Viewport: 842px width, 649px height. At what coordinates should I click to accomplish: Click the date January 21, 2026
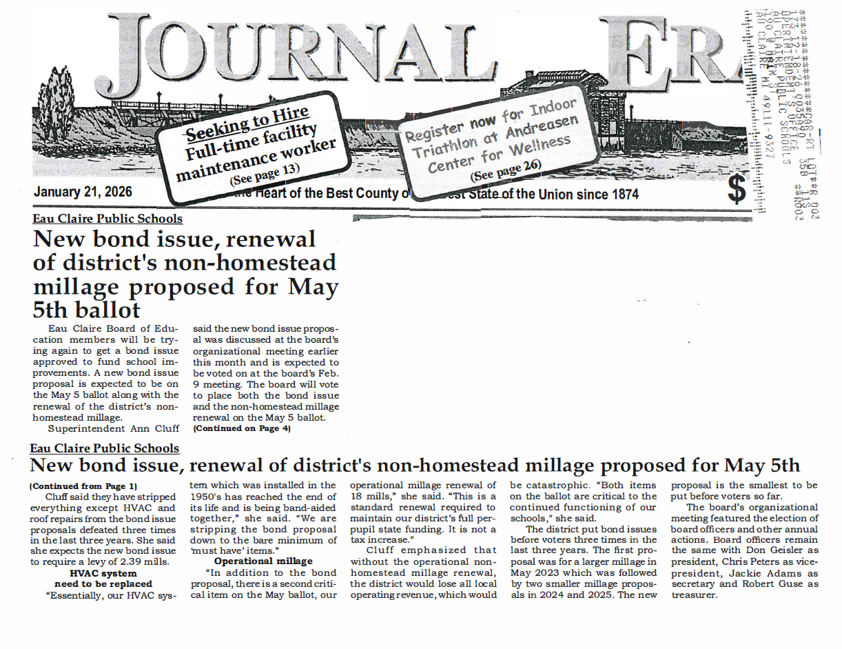[83, 192]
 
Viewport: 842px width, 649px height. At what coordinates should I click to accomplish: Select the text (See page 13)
[265, 173]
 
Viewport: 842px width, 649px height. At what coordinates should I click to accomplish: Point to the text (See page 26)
[506, 170]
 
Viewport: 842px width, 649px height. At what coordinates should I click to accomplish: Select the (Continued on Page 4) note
[242, 428]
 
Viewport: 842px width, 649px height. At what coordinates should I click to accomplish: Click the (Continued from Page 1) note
[83, 486]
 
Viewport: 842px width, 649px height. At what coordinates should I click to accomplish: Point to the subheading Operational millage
[263, 561]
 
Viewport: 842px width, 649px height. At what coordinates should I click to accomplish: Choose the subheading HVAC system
[103, 572]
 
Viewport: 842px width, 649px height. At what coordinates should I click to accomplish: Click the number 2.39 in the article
[126, 561]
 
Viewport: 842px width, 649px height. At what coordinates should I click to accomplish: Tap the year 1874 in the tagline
[622, 194]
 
